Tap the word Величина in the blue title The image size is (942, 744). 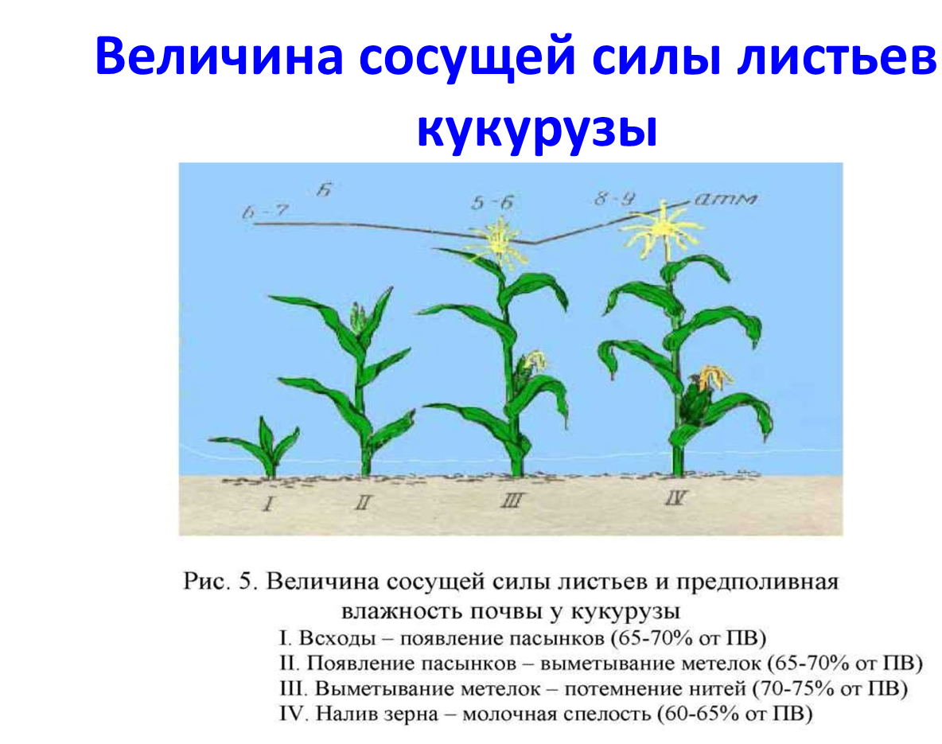tap(220, 56)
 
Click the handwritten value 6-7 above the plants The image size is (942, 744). tap(266, 212)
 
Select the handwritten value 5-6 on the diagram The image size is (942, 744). tap(492, 203)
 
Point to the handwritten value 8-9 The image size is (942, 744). tap(614, 198)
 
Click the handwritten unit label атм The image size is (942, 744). tap(726, 199)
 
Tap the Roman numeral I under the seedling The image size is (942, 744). tap(269, 502)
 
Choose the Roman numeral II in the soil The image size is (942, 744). tap(363, 502)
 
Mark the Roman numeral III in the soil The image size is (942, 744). tap(512, 500)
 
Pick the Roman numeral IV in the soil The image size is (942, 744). tap(675, 497)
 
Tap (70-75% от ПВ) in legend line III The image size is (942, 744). tap(830, 688)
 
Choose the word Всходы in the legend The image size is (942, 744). tap(337, 637)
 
